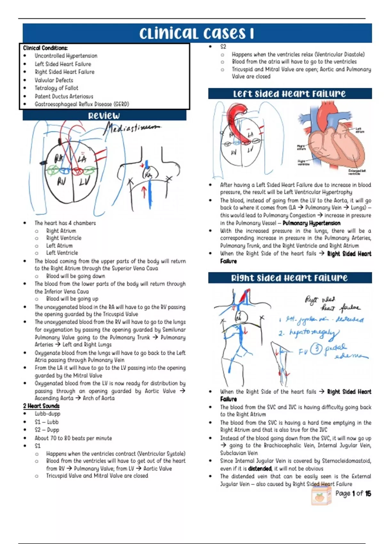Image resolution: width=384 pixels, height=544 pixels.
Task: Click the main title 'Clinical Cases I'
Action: pos(196,33)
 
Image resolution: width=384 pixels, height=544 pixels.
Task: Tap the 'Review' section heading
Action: pos(104,116)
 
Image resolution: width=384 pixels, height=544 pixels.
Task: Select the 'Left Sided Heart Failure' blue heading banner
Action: pos(289,94)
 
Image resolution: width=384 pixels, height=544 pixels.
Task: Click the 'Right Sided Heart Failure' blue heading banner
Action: pos(289,278)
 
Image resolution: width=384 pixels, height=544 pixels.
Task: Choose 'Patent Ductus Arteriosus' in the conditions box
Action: pos(64,96)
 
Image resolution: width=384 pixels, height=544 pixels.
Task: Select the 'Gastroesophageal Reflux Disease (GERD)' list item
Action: pos(82,104)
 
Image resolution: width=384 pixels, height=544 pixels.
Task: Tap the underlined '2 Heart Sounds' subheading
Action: pos(41,406)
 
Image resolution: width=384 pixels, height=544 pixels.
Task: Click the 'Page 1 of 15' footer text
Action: pos(353,493)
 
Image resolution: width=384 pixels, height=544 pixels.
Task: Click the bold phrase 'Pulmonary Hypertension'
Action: pos(311,223)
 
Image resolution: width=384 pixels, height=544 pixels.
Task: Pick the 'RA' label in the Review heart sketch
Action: pos(59,158)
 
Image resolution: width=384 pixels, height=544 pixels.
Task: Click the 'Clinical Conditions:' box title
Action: pos(45,48)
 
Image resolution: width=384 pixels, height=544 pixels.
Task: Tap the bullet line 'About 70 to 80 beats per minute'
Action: pos(73,438)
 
